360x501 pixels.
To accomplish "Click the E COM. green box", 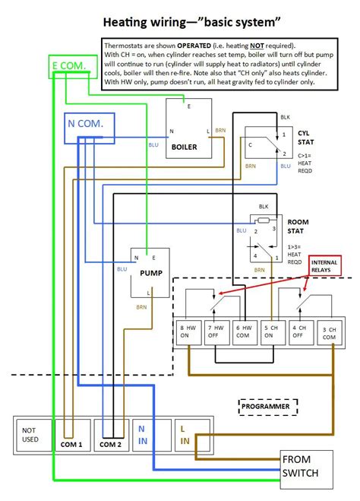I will (74, 67).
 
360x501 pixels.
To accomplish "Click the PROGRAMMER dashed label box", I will (267, 407).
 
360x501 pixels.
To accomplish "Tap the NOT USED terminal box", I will (32, 435).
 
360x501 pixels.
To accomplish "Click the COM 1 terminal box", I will (71, 435).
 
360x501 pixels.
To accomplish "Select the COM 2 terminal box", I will (111, 435).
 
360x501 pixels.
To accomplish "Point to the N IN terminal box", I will (142, 435).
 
